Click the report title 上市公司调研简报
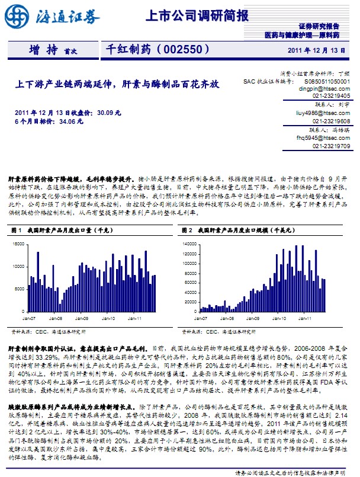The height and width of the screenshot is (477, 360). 197,16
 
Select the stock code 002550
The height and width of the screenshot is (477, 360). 183,50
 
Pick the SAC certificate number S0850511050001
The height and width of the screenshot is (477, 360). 327,80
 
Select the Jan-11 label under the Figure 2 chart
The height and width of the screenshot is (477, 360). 305,318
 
